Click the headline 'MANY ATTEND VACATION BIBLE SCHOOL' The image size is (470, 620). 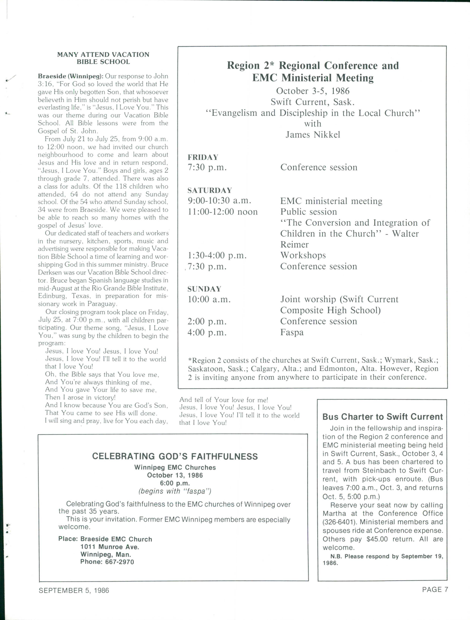coord(103,58)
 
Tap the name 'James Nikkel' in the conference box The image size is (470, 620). coord(313,135)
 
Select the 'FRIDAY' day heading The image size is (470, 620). coord(203,157)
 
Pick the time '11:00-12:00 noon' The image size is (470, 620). coord(223,212)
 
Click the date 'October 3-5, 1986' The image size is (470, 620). coord(313,91)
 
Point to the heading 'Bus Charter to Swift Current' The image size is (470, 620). coord(383,417)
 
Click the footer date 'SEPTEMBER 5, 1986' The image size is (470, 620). coord(74,591)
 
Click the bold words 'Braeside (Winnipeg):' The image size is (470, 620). coord(71,76)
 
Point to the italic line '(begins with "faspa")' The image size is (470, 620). coord(175,491)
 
